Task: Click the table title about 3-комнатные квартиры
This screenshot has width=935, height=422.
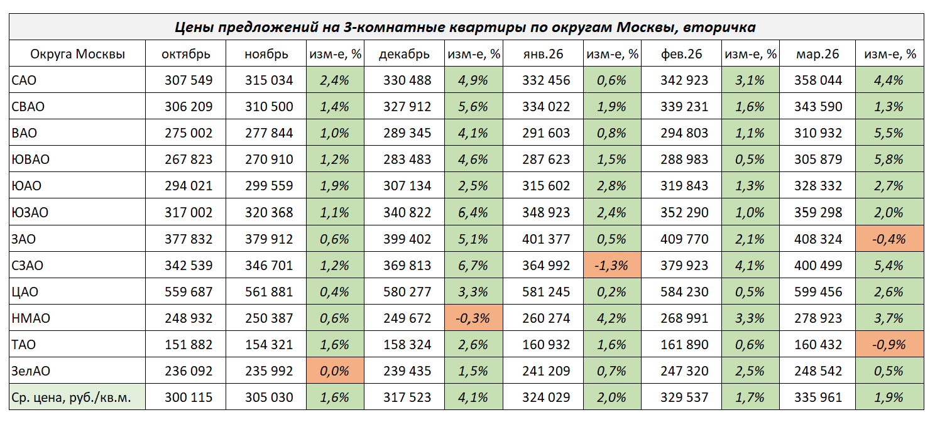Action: [x=466, y=27]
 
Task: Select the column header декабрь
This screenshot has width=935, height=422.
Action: [x=405, y=54]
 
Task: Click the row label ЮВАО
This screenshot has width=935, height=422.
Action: [x=30, y=160]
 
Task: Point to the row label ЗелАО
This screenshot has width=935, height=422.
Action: [x=31, y=371]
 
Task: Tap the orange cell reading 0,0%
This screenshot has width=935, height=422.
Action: [x=335, y=371]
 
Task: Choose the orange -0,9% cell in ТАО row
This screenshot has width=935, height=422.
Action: [x=889, y=345]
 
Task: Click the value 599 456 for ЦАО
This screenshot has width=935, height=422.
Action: [x=818, y=292]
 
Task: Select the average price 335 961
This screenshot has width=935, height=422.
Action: [x=818, y=398]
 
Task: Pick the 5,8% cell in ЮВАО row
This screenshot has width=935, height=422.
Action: [x=889, y=160]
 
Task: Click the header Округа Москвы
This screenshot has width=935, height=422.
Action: [x=77, y=54]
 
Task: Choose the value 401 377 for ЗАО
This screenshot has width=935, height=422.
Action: [x=545, y=239]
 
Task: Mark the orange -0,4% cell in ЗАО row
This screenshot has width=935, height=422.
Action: [x=889, y=239]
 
